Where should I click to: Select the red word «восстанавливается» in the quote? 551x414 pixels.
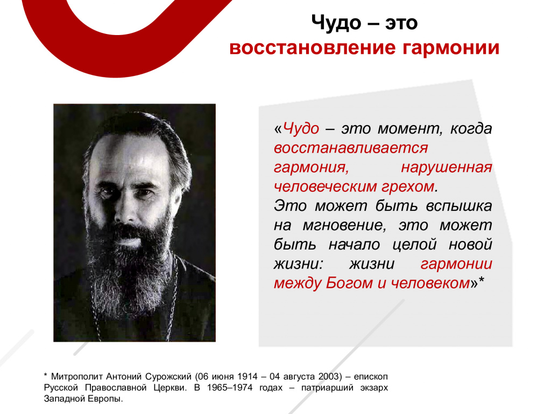click(351, 148)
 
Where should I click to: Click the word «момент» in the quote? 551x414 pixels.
click(409, 129)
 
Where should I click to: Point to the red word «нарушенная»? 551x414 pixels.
click(446, 168)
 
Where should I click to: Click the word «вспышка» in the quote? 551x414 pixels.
click(459, 206)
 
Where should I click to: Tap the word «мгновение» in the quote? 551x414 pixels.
click(344, 225)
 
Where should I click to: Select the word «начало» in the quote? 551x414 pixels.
click(354, 245)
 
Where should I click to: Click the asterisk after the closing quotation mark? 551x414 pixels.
click(482, 280)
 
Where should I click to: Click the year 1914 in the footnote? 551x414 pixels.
click(248, 377)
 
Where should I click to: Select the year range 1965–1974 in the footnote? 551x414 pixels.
click(230, 388)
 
